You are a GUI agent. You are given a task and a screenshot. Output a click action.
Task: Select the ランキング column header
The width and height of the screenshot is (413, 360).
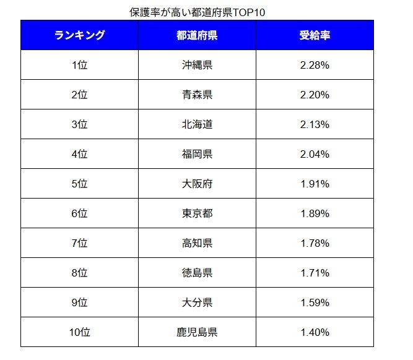click(x=79, y=35)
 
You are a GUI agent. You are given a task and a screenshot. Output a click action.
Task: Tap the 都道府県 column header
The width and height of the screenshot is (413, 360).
click(x=197, y=35)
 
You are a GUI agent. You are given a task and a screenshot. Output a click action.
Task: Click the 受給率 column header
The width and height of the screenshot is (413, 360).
click(x=315, y=35)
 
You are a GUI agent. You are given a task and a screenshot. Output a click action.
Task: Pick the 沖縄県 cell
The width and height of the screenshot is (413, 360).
click(x=197, y=65)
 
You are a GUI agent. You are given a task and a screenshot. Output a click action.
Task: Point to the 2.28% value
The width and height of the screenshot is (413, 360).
click(x=315, y=65)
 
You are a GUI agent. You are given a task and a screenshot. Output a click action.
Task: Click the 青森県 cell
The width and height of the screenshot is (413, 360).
click(x=197, y=95)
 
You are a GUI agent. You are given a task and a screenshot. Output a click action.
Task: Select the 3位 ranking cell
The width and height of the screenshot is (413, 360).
click(x=79, y=124)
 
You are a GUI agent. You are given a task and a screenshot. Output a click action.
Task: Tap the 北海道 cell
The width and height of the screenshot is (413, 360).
click(x=197, y=124)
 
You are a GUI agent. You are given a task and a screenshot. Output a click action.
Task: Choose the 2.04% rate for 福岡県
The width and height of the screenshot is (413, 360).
click(x=315, y=154)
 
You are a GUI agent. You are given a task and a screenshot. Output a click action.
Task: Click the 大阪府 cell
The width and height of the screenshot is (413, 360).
click(x=197, y=184)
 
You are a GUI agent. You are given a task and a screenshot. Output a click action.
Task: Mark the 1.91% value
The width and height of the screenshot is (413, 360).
click(x=315, y=184)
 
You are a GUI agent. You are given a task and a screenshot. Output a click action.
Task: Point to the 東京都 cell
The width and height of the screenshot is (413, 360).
click(x=197, y=213)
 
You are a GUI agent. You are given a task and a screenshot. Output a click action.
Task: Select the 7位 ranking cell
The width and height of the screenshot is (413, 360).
click(x=79, y=243)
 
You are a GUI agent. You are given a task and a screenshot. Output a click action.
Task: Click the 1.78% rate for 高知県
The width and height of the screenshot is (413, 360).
click(x=315, y=243)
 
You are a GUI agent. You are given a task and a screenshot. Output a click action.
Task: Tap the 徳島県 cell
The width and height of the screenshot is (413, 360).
click(x=197, y=273)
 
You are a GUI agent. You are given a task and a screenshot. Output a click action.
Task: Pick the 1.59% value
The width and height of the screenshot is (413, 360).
click(x=315, y=302)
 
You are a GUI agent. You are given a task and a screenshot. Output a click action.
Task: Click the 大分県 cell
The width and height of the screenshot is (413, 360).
click(x=197, y=302)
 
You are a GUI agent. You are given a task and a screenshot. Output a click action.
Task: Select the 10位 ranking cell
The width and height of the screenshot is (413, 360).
click(x=79, y=332)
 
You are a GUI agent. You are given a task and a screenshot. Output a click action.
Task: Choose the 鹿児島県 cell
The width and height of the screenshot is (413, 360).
click(x=197, y=332)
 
